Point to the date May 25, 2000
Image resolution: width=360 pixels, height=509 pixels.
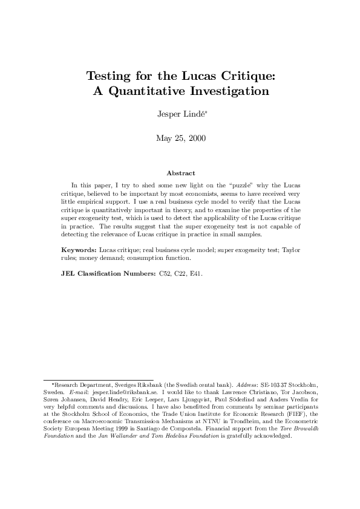pos(180,138)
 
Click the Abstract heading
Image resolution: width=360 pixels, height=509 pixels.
pos(180,173)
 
